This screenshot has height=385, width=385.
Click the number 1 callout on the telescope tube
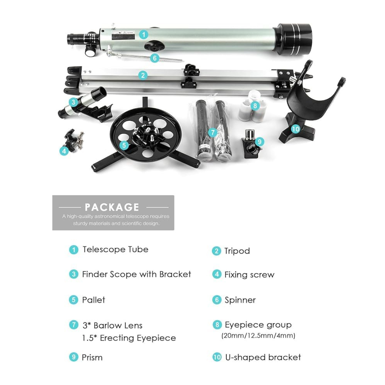point(143,35)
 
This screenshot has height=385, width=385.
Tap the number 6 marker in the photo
point(154,58)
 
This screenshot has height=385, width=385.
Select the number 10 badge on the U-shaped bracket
point(296,129)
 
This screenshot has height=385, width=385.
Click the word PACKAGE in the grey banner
point(112,207)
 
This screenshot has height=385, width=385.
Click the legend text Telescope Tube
point(115,250)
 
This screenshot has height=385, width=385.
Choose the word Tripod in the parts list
point(237,251)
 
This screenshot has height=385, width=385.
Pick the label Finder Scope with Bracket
point(137,274)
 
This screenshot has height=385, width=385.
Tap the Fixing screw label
point(250,275)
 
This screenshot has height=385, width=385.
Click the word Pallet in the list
point(94,300)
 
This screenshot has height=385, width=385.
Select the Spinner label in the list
point(240,300)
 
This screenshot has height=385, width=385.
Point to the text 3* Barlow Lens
point(112,325)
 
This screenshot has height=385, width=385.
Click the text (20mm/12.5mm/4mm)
point(258,336)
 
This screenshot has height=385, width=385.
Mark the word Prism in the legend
point(92,358)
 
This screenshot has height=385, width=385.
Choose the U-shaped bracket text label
point(263,358)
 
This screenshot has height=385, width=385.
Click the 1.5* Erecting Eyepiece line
point(129,338)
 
